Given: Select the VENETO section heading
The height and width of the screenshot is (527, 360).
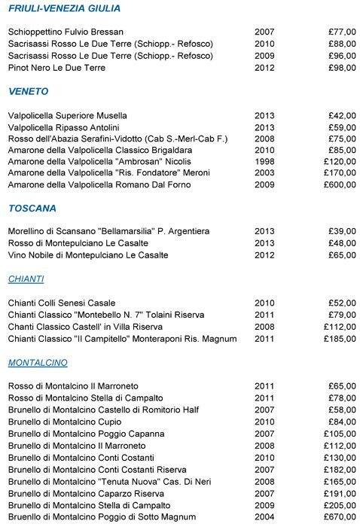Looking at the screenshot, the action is [x=29, y=92].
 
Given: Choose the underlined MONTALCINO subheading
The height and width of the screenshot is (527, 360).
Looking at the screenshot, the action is [x=38, y=362].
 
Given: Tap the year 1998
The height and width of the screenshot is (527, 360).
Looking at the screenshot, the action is [x=264, y=162].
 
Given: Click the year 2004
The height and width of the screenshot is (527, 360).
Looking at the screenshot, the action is [x=264, y=517].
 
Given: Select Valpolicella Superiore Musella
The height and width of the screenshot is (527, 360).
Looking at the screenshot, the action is [x=67, y=116].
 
